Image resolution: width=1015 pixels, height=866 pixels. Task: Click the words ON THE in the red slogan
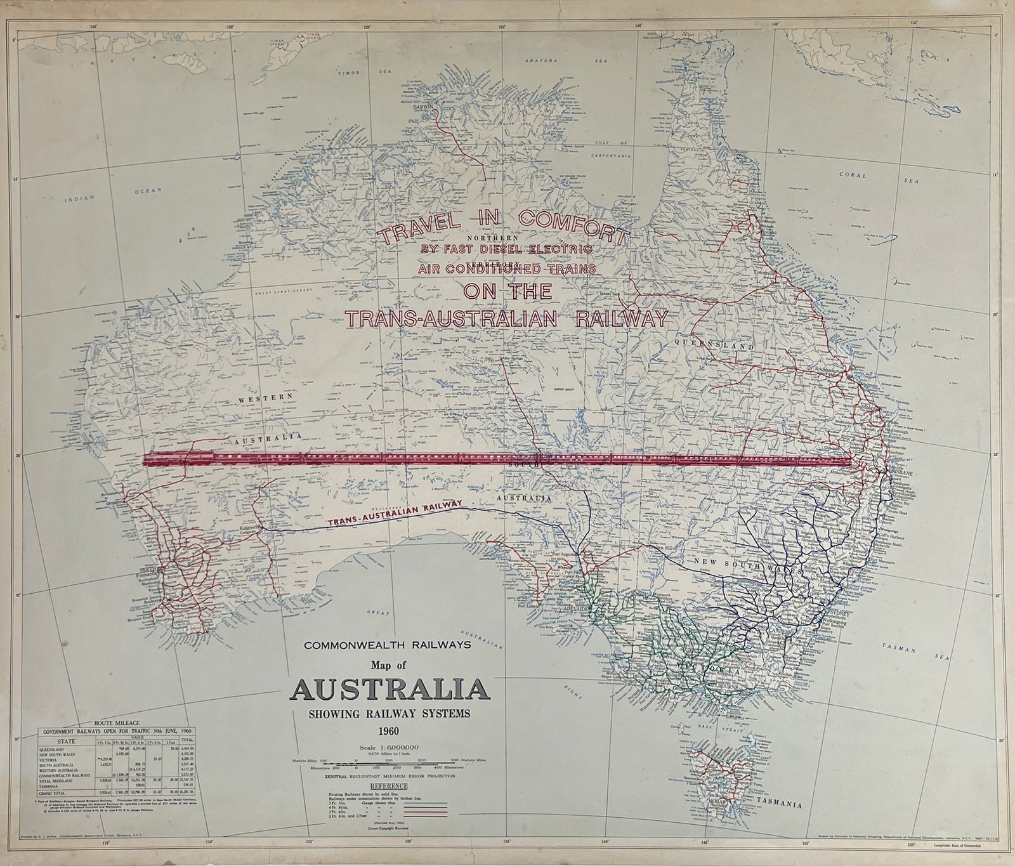507,291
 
